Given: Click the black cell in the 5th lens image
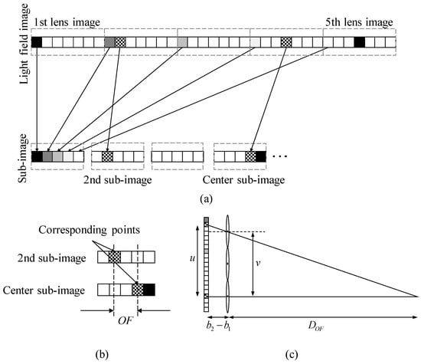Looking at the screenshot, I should click(360, 43).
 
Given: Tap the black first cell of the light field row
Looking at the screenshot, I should click(37, 43).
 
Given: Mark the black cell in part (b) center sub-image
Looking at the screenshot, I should click(148, 290).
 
